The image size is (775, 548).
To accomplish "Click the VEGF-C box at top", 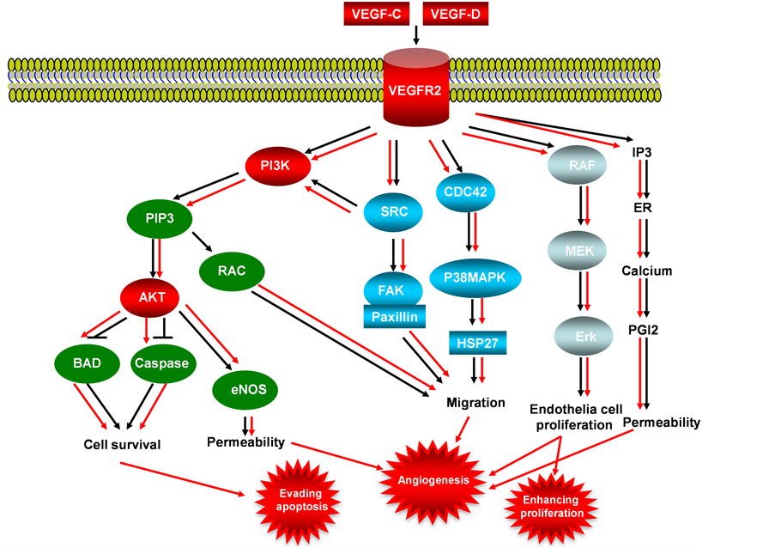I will [x=375, y=14].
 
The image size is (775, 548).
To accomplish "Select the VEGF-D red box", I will [x=457, y=14].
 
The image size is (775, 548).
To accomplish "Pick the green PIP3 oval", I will [x=159, y=218].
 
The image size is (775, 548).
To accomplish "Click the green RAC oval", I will [x=233, y=271].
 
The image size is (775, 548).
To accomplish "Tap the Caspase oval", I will [x=160, y=363].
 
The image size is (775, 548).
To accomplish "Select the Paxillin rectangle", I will [x=396, y=317].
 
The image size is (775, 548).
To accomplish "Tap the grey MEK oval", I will [x=581, y=250].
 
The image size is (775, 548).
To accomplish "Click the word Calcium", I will [x=646, y=271].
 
